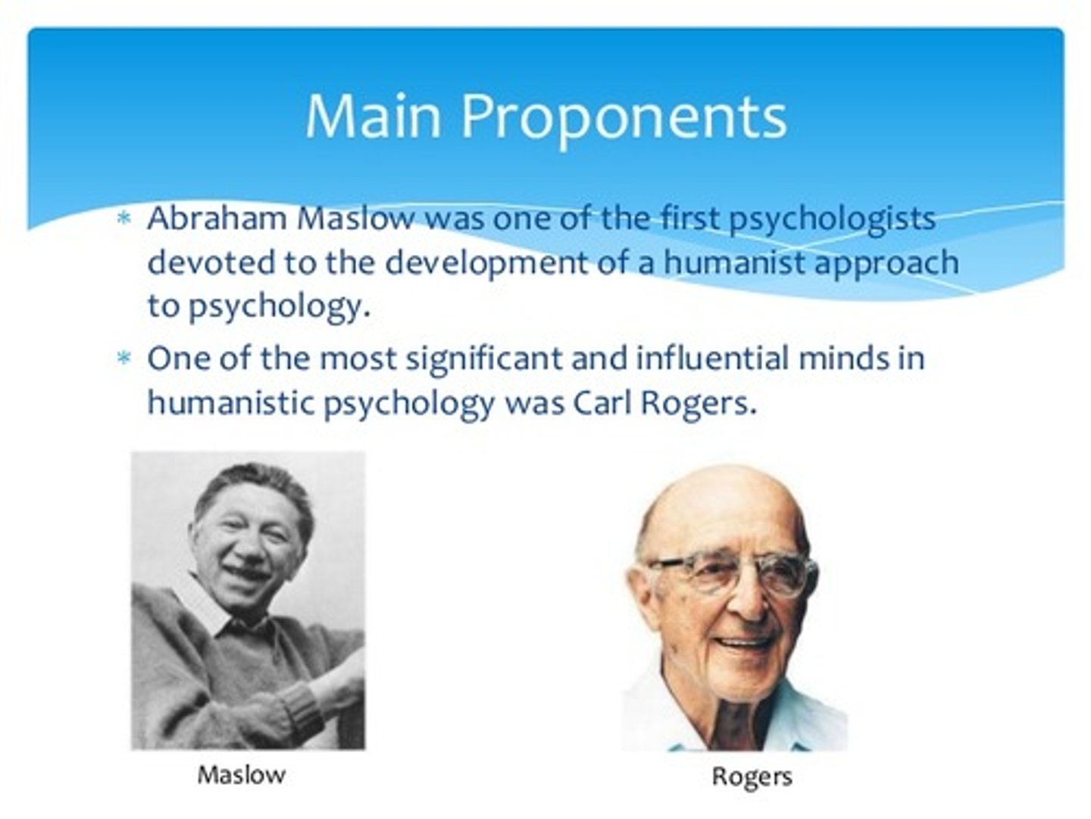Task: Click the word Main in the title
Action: (373, 116)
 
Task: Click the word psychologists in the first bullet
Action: (832, 220)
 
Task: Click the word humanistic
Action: (230, 402)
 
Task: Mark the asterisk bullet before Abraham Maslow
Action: (123, 219)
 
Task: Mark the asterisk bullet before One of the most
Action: (123, 358)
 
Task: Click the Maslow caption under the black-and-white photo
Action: (242, 774)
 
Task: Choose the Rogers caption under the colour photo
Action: (752, 776)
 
